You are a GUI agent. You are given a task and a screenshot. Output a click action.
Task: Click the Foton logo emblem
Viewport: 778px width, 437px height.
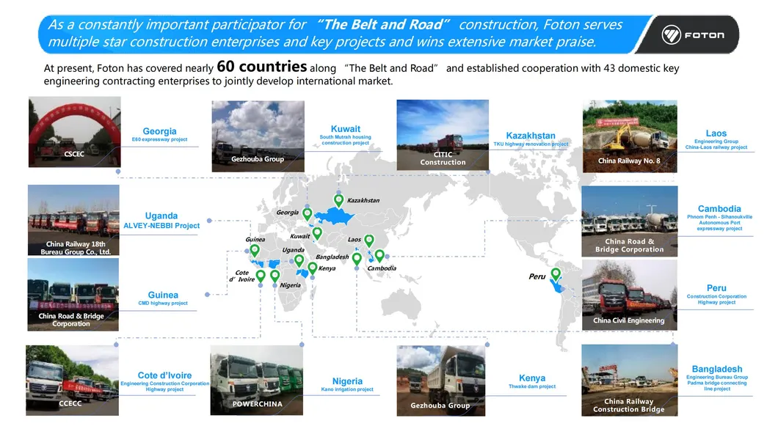(671, 34)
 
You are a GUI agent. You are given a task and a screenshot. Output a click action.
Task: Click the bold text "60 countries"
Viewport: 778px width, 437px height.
(262, 67)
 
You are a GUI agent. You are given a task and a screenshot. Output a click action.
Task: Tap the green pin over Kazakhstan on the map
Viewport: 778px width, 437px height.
(338, 201)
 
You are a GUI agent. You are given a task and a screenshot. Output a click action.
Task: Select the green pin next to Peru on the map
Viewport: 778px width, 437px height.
(556, 274)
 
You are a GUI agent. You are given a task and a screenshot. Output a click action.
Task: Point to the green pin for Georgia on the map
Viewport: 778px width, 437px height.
(307, 214)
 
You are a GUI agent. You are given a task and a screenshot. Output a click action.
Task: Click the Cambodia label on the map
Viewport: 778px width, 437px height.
(382, 268)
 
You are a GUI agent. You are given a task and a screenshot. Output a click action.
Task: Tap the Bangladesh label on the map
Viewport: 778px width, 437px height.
(332, 257)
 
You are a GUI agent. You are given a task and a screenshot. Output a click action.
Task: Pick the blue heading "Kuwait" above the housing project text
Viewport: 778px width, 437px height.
(346, 129)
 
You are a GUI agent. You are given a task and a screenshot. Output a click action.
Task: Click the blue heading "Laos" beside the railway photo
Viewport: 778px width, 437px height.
(716, 133)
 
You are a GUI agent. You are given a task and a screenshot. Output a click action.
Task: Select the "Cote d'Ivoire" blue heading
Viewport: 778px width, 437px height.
(164, 375)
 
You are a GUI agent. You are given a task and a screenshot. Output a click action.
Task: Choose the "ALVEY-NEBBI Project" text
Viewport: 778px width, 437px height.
(161, 225)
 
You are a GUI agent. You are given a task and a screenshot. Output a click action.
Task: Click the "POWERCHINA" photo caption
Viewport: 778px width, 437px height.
(257, 404)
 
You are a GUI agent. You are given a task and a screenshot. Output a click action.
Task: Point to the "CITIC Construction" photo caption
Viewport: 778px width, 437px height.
(443, 158)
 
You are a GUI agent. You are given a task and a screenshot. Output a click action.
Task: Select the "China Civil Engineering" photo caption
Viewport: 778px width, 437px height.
(629, 320)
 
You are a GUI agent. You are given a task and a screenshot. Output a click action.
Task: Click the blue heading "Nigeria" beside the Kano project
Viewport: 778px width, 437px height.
(347, 381)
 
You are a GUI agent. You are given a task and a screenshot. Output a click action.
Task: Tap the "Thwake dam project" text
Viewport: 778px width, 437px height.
(532, 386)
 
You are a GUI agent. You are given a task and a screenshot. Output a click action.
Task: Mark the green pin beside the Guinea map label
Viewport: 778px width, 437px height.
(255, 250)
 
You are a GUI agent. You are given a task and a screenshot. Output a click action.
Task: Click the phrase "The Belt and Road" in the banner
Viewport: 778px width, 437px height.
(383, 24)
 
